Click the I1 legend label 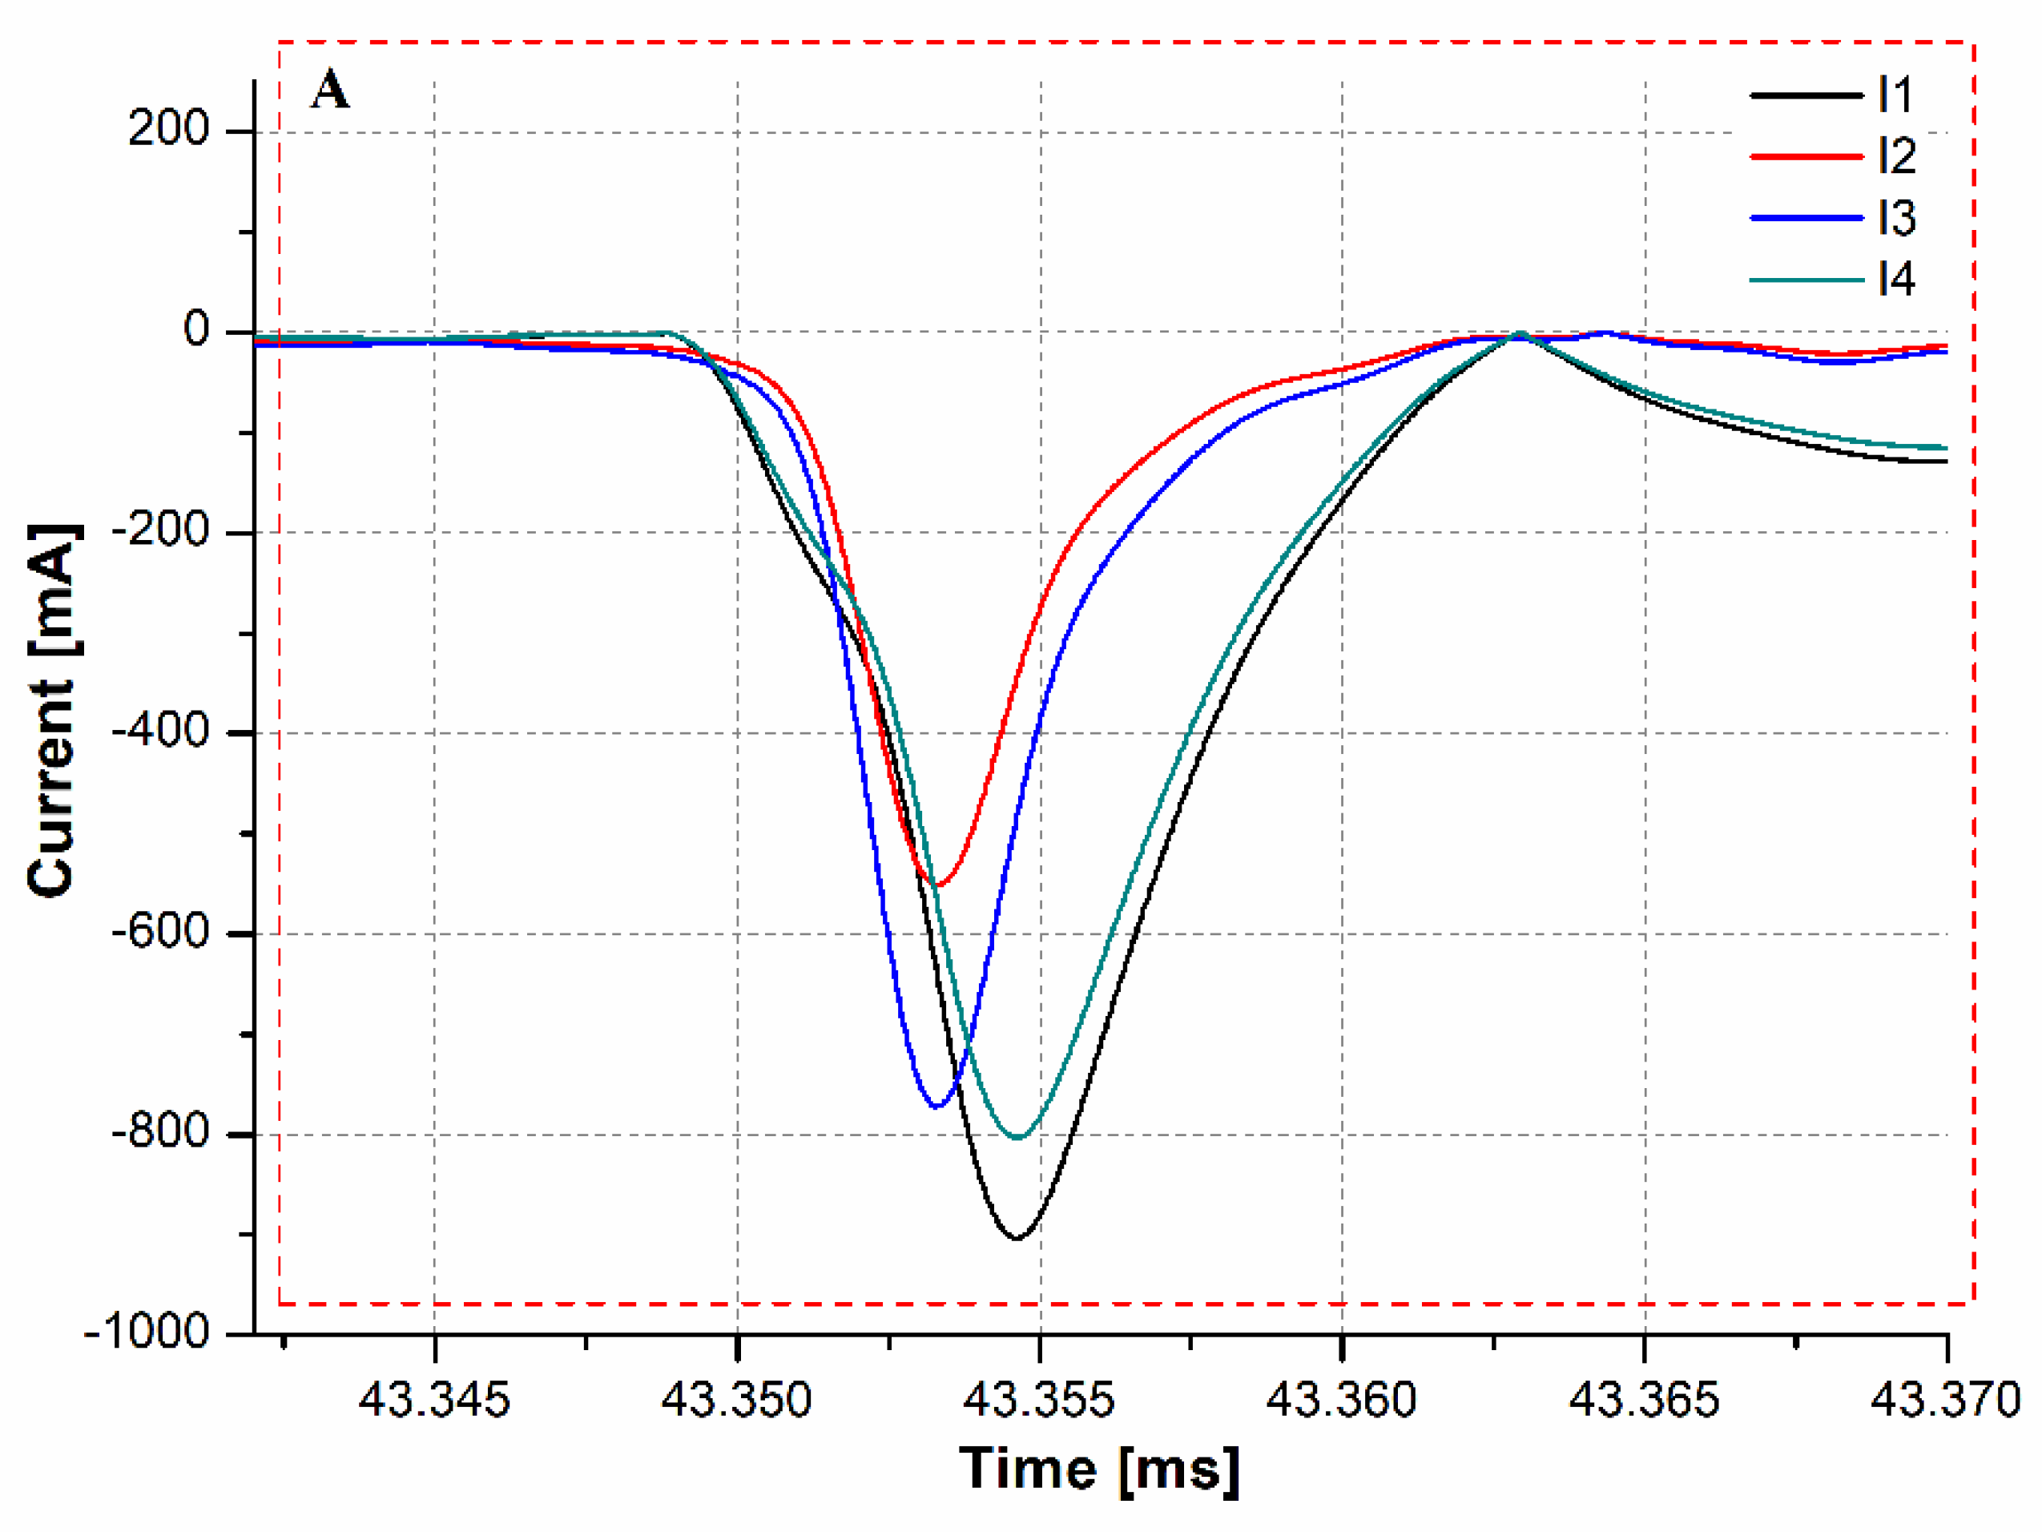[x=1895, y=95]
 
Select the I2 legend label [x=1897, y=156]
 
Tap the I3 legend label [x=1897, y=218]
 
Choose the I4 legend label [x=1897, y=279]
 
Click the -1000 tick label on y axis [x=147, y=1332]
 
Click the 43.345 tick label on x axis [x=434, y=1400]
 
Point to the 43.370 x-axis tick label [x=1946, y=1400]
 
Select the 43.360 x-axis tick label [x=1340, y=1400]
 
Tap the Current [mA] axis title [x=52, y=710]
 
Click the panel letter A [x=331, y=91]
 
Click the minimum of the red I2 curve [x=938, y=885]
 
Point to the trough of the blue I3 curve [x=937, y=1107]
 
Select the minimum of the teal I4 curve [x=1017, y=1138]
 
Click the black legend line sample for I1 [x=1806, y=95]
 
